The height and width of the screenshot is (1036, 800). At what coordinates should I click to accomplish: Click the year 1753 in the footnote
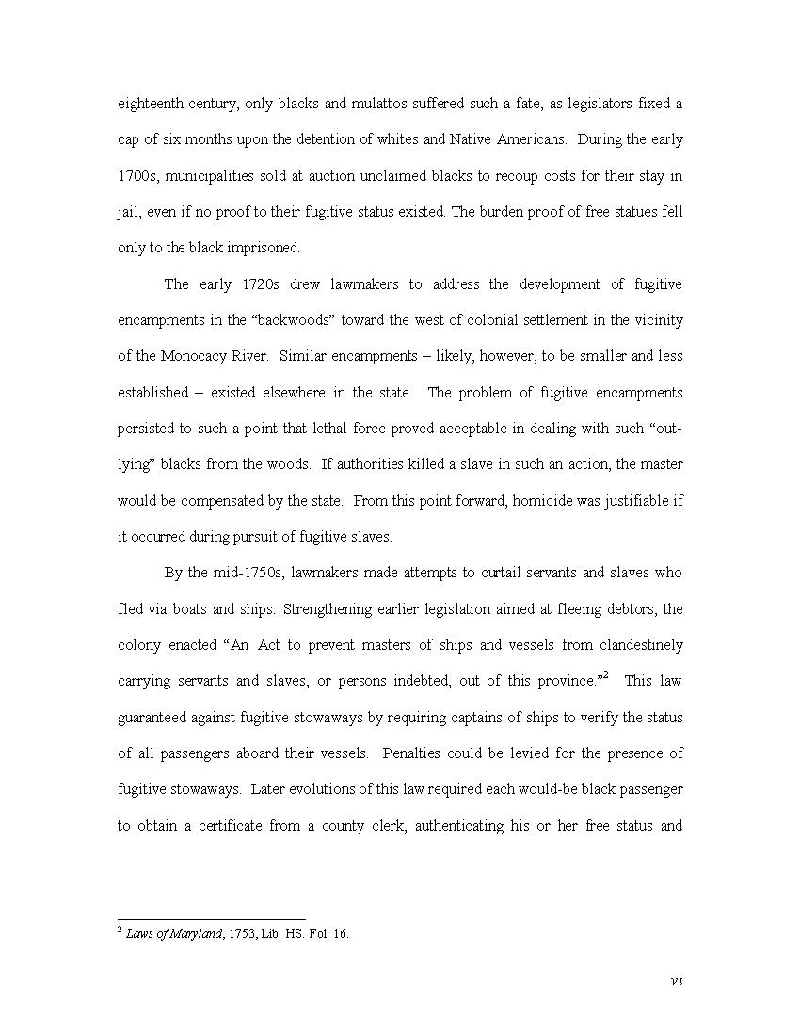tap(245, 935)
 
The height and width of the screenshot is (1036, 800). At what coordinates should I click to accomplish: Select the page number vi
tap(676, 981)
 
